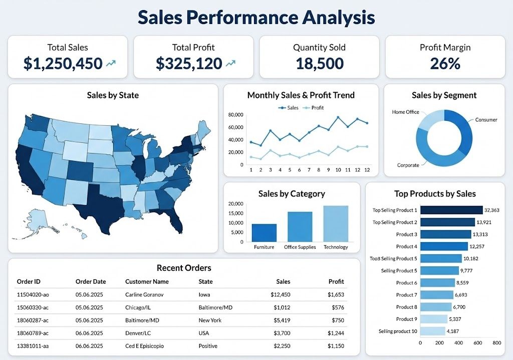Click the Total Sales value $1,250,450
[63, 64]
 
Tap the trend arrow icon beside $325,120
[231, 64]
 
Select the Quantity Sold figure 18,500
[319, 64]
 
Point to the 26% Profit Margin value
[445, 64]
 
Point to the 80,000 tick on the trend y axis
[235, 115]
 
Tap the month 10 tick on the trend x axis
[338, 170]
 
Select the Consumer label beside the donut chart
[486, 120]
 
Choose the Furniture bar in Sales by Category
[264, 233]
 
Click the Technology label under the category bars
[335, 247]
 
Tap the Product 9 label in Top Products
[406, 319]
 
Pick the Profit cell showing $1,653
[336, 295]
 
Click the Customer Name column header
[147, 282]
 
